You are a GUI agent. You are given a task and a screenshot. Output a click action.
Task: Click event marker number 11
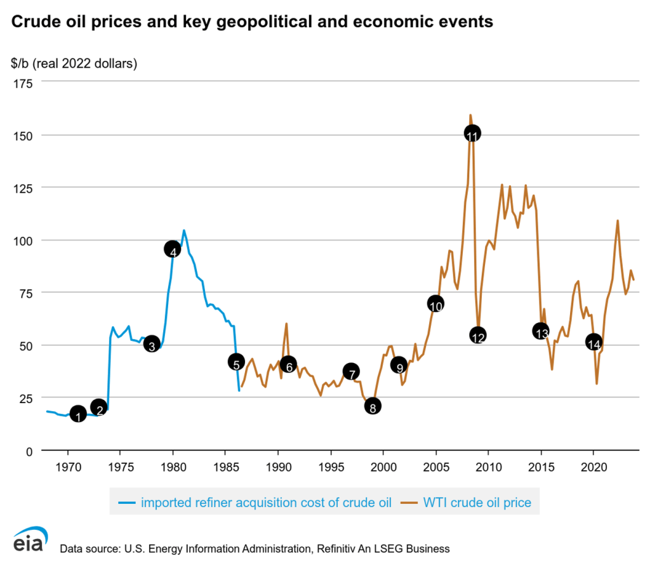click(472, 133)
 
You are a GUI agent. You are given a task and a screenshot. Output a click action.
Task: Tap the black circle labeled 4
click(173, 249)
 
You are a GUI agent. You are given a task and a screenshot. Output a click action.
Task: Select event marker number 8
click(373, 406)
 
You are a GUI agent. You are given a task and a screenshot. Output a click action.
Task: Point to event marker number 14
click(594, 342)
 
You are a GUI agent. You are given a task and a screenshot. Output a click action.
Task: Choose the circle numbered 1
click(77, 414)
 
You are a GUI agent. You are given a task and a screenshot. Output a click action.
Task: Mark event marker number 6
click(288, 364)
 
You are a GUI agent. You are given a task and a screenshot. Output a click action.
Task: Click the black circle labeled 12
click(478, 335)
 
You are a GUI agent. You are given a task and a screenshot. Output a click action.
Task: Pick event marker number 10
click(435, 303)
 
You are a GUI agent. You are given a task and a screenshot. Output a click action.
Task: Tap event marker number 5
click(236, 362)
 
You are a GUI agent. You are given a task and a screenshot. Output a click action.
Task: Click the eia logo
click(29, 541)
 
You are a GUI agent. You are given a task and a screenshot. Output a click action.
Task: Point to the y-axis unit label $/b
click(20, 63)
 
